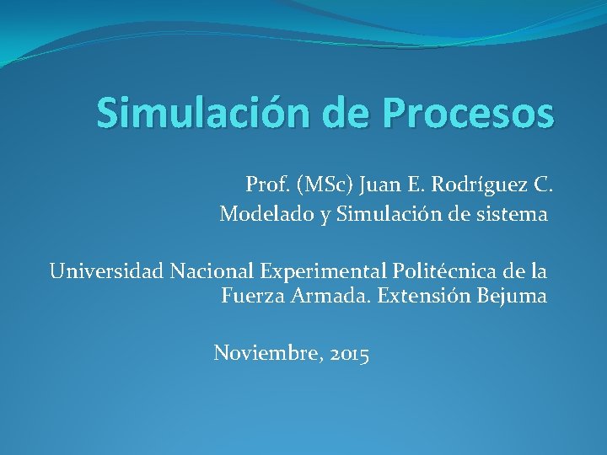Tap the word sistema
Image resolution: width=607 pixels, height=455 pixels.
[513, 215]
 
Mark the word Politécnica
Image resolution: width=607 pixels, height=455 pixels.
[440, 271]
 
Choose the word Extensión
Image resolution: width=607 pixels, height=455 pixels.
[413, 296]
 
